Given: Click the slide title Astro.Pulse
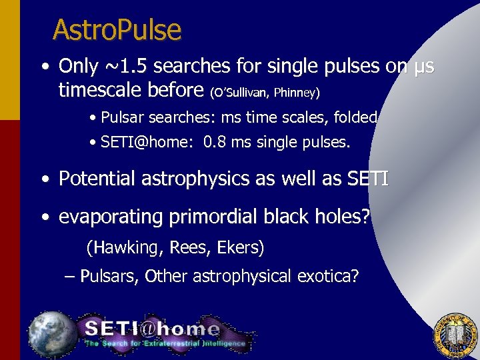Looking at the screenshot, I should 117,30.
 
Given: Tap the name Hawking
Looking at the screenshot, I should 127,248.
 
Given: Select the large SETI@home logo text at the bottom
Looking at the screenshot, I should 152,329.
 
